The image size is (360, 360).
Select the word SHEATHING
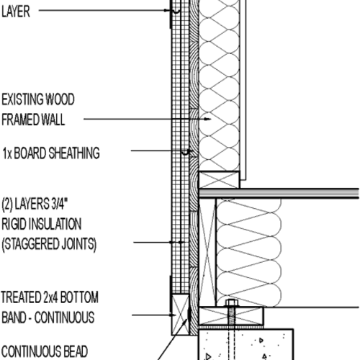[76, 153]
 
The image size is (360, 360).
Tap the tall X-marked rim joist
[206, 252]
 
